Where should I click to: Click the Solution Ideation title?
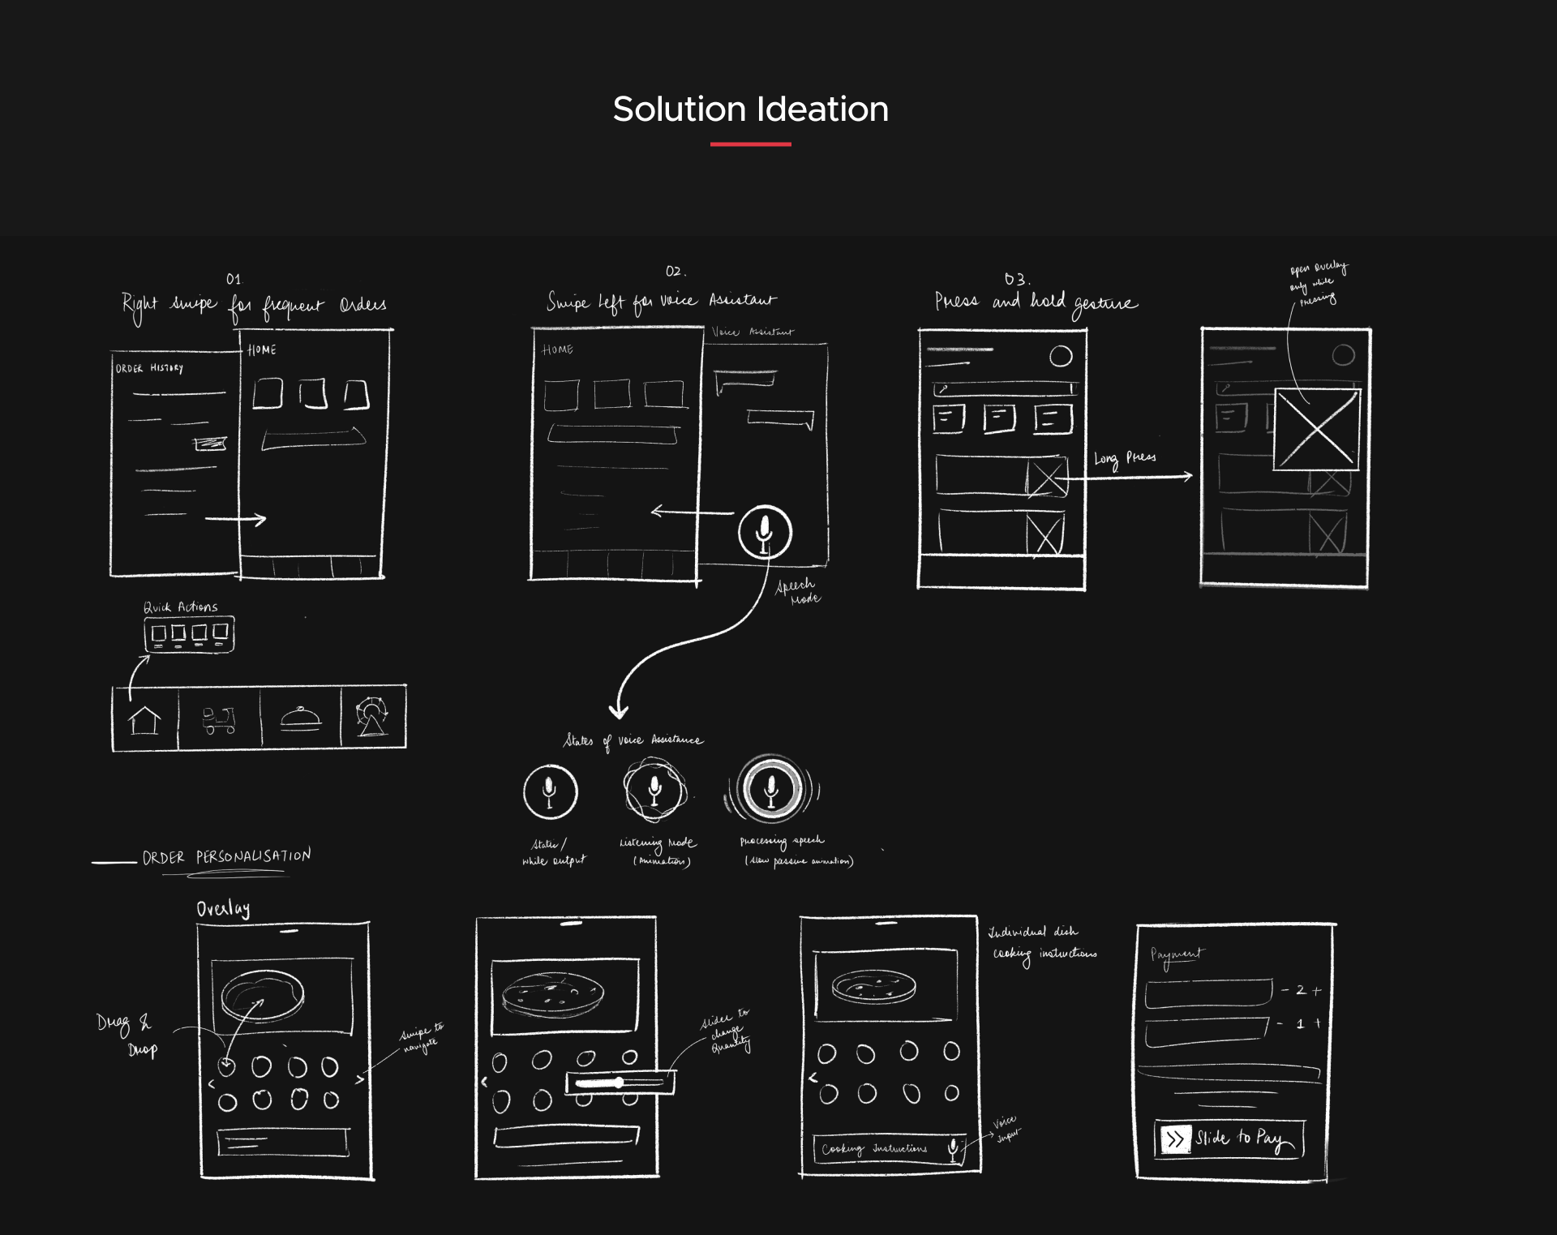pos(750,109)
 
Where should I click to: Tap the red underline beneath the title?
pos(750,144)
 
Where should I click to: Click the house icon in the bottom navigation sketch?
pos(144,719)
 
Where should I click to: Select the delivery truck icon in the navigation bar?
pos(218,719)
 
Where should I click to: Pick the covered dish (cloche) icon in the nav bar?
pos(300,719)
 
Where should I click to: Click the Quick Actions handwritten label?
pos(181,607)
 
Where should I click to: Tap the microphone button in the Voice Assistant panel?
pos(764,533)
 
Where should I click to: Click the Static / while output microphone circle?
pos(550,791)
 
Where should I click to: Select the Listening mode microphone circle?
pos(654,789)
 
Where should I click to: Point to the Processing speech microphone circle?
pos(771,788)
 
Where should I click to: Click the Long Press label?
pos(1125,458)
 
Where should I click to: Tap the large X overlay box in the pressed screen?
pos(1316,429)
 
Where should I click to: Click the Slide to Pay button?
pos(1229,1139)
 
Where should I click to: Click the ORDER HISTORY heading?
pos(149,368)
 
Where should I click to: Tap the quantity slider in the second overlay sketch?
pos(620,1083)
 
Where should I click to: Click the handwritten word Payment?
pos(1177,955)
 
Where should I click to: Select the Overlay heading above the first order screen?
pos(223,909)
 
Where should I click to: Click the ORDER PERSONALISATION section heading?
pos(226,857)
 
